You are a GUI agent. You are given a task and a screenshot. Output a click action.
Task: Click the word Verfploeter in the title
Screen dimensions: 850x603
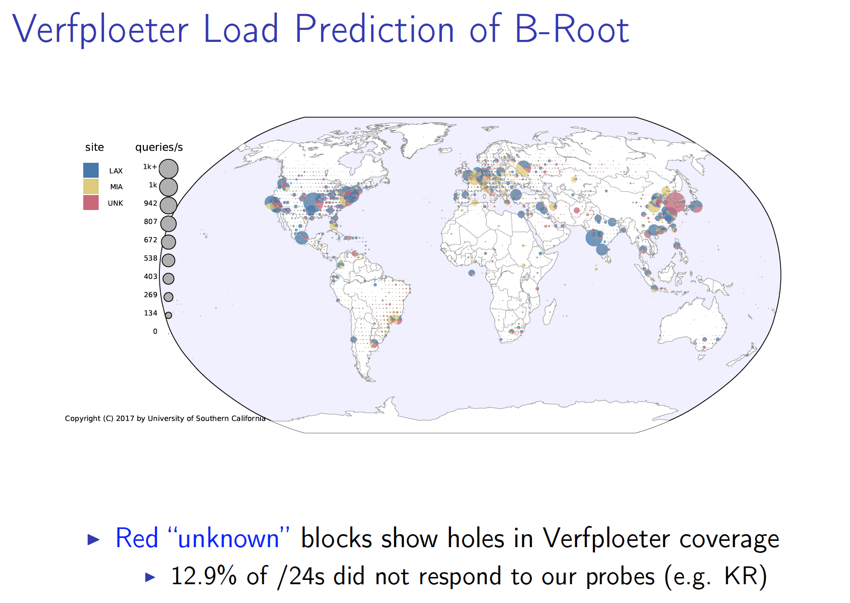[x=101, y=29]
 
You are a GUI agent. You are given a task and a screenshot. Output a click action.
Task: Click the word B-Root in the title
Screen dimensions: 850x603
[x=572, y=29]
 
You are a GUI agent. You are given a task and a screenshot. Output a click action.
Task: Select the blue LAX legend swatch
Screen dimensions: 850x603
[x=91, y=170]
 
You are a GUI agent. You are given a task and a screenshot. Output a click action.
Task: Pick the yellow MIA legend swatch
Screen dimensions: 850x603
[x=91, y=186]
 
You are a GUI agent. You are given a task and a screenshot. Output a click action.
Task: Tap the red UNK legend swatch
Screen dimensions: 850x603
[x=91, y=202]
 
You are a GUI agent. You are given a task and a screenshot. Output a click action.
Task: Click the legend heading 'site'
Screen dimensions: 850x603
[x=94, y=147]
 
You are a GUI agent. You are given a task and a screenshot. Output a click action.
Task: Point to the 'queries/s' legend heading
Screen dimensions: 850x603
[x=159, y=147]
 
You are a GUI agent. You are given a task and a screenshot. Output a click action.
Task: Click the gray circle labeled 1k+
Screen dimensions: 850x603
[x=168, y=169]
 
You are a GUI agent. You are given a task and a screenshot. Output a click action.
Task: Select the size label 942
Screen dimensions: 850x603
[x=151, y=203]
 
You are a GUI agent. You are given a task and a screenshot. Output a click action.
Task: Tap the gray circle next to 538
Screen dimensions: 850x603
[x=168, y=260]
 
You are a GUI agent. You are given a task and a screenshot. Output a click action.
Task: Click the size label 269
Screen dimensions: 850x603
[x=151, y=295]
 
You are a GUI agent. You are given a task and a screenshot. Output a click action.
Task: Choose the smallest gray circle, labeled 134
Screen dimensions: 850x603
[x=168, y=315]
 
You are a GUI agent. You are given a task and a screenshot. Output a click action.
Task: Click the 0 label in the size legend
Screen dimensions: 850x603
[x=155, y=331]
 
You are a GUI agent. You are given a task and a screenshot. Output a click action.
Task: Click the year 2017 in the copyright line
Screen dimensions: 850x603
[x=125, y=419]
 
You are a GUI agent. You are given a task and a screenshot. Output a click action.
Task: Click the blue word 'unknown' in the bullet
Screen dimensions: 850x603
[x=229, y=538]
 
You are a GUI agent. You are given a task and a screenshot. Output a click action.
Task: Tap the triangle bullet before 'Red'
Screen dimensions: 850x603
[x=93, y=539]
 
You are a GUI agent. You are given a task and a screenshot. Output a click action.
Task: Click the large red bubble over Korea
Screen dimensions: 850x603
[x=674, y=202]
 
